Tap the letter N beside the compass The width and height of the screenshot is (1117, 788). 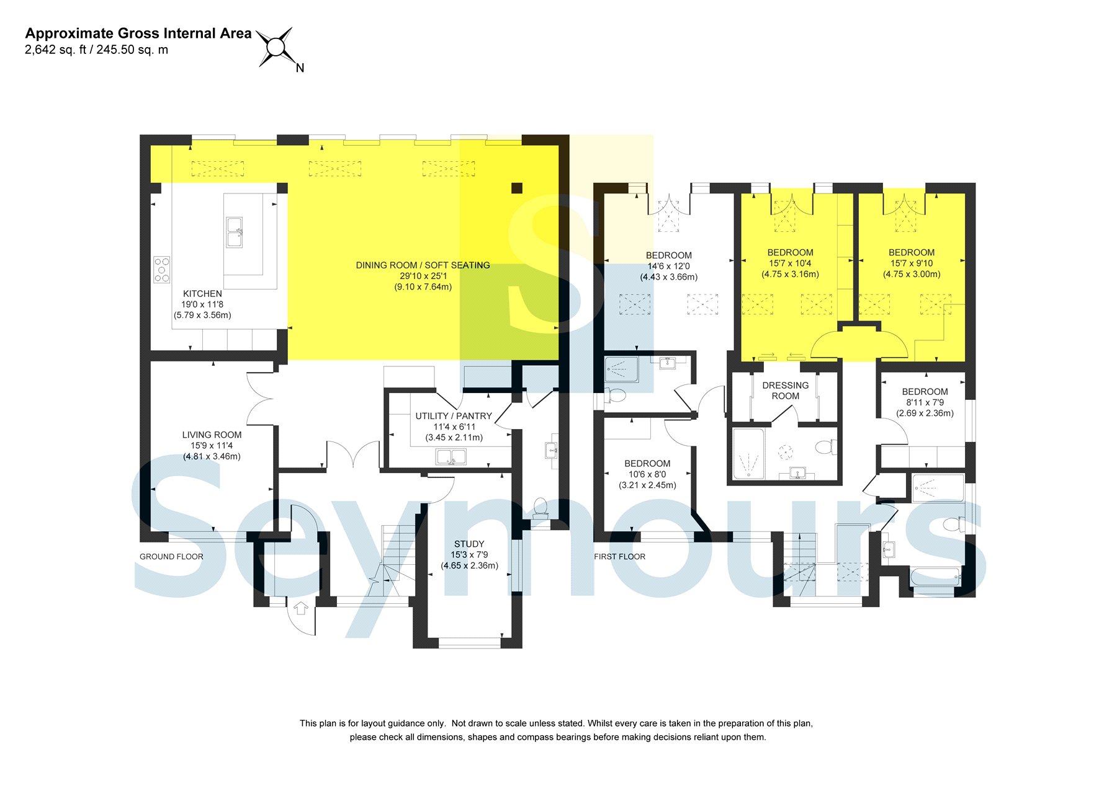coord(300,68)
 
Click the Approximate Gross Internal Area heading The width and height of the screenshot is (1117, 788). coord(138,33)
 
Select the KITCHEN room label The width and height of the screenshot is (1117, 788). coord(202,293)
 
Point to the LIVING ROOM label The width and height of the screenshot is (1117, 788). coord(212,435)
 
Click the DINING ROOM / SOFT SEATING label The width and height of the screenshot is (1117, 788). coord(423,265)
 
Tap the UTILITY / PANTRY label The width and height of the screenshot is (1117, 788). coord(454,416)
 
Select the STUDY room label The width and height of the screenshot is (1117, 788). coord(469,544)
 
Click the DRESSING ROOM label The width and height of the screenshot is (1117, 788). coord(785,391)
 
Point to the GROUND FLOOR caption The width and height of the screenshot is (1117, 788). coord(171,557)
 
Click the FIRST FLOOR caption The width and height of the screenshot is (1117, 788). coord(619,557)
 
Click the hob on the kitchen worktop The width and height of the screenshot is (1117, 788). coord(162,270)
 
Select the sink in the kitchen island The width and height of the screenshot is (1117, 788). coord(234,232)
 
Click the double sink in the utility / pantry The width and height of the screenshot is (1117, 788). coord(451,457)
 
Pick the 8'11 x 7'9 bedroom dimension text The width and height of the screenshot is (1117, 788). coord(925,402)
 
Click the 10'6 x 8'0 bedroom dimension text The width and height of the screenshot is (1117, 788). coord(647,474)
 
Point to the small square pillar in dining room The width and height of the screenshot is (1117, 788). coord(517,188)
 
